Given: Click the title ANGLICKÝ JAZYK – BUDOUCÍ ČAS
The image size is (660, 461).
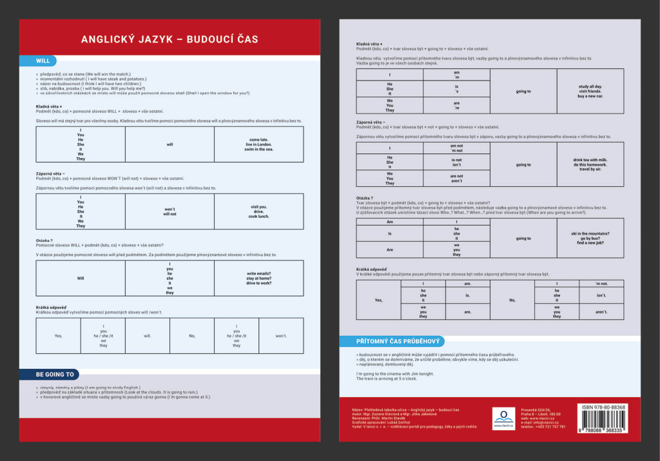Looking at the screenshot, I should pos(170,39).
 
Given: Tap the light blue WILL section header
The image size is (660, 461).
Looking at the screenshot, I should pos(43,61).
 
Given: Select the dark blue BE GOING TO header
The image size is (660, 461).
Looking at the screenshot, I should pos(55,374).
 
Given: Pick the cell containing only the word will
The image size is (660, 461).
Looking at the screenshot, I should pos(170,144).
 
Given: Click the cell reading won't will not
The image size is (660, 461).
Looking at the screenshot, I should pos(170,211).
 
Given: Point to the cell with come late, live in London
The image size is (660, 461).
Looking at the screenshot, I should pos(258,144).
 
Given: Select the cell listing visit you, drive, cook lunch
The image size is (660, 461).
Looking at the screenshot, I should pos(258,211).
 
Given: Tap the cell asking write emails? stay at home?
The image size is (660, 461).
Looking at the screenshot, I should pos(258,279).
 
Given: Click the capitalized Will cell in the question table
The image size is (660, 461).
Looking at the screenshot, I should pos(81,279).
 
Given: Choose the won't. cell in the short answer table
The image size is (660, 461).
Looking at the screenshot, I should pos(281,336).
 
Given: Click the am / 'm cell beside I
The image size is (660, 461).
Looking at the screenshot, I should pos(456,75).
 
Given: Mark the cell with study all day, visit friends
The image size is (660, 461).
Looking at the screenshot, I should pos(590,91).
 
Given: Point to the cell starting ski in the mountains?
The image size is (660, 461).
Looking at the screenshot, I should pos(590,238).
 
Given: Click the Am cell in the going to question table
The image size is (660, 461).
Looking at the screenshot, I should pos(389,222).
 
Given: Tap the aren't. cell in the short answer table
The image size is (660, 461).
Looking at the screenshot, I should pos(601,312).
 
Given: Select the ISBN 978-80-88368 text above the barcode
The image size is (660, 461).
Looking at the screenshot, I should pos(603,407).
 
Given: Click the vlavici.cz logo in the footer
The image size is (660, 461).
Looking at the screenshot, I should pos(503,418).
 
